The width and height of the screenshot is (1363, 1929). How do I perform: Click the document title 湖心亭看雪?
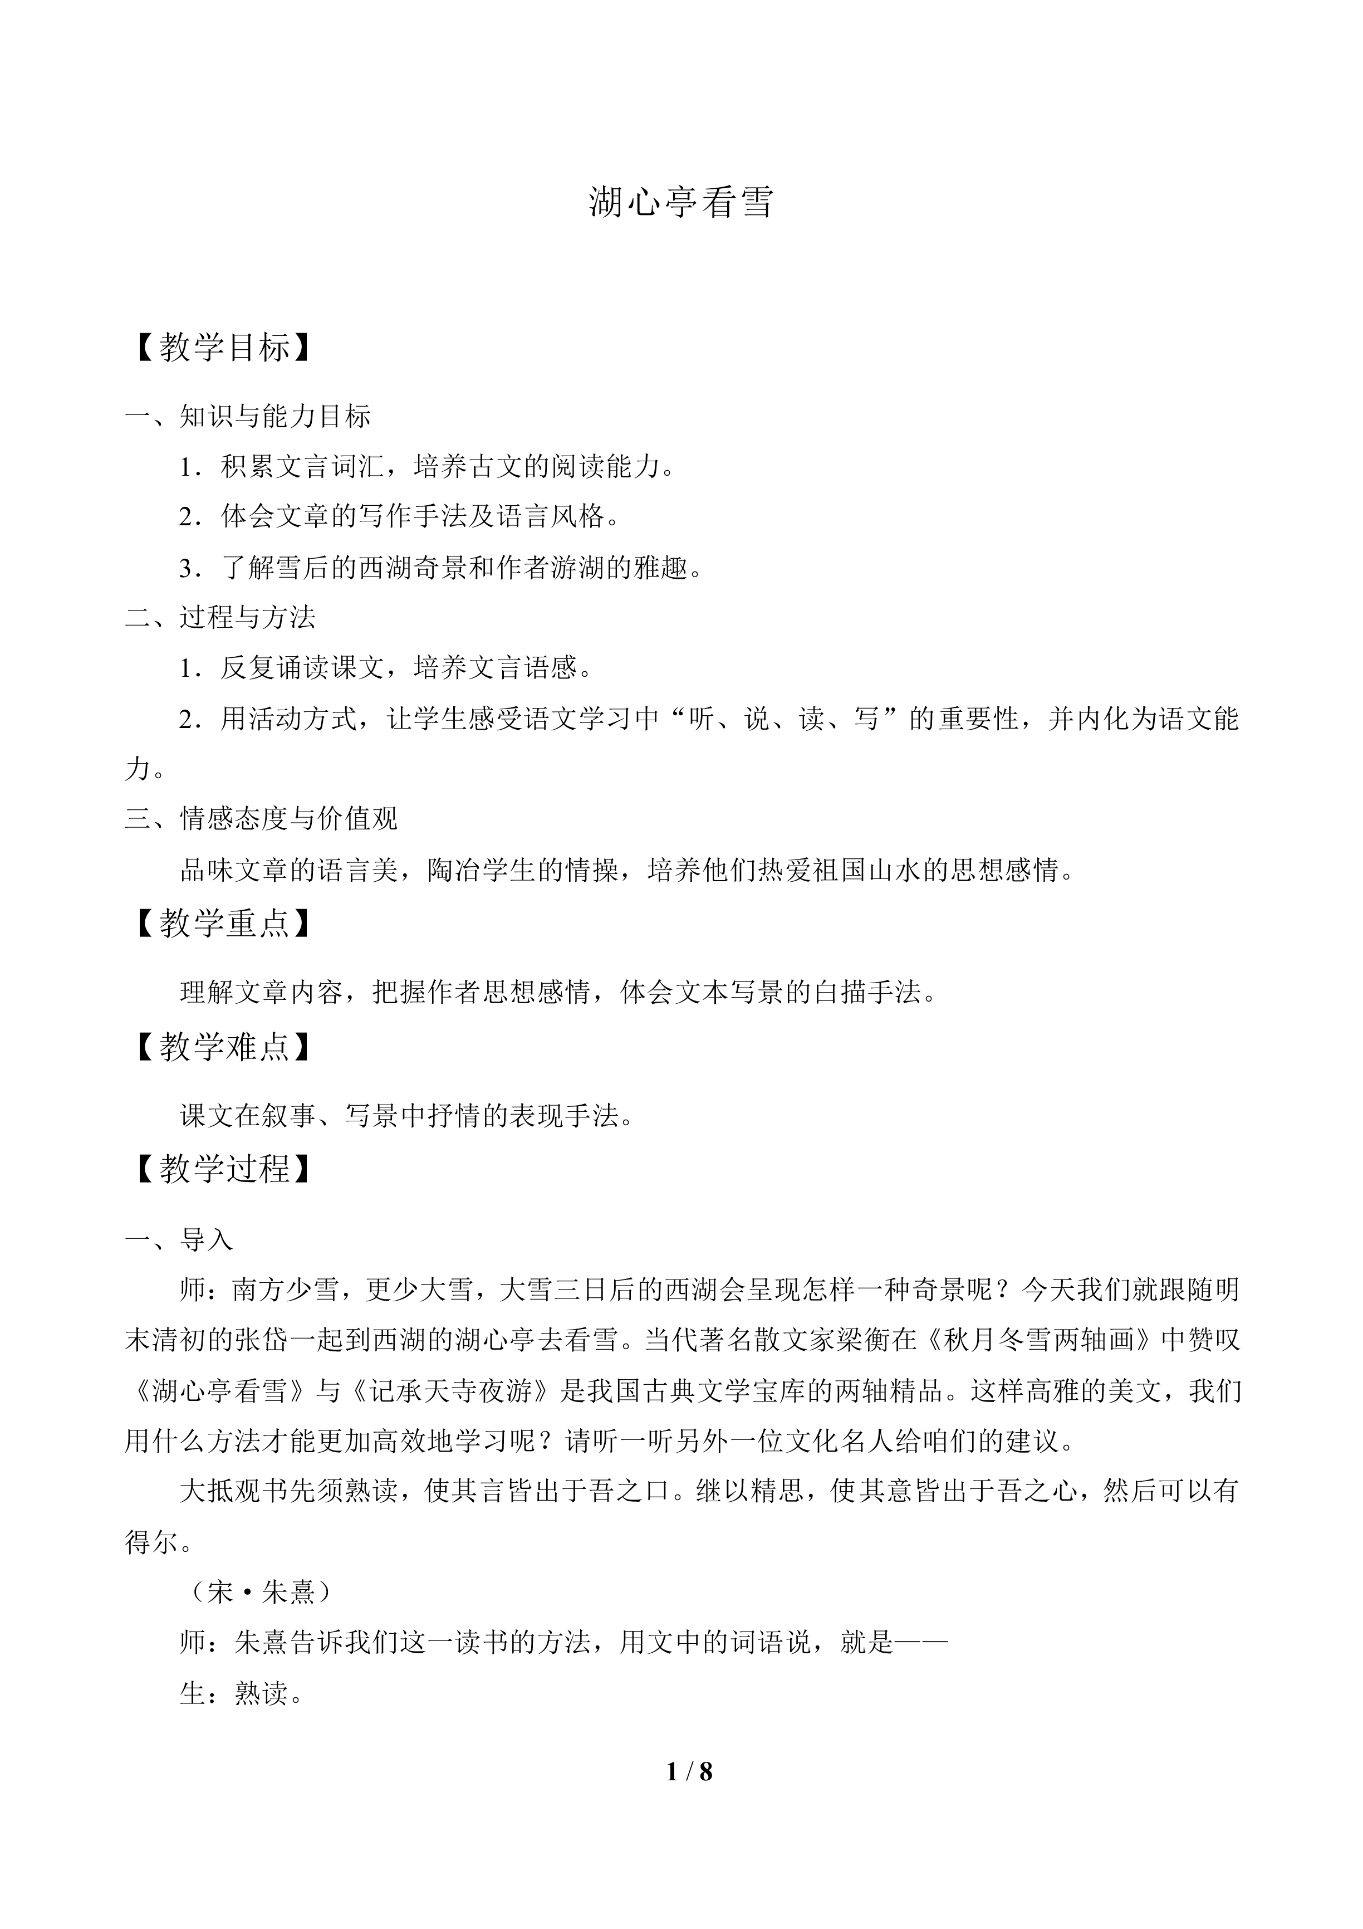[x=680, y=202]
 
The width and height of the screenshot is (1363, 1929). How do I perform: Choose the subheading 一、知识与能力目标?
[x=248, y=416]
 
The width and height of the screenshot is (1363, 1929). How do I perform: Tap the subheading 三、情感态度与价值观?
[x=261, y=818]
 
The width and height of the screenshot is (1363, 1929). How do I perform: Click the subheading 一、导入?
[x=179, y=1240]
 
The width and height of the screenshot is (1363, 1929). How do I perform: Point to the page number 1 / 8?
[x=689, y=1772]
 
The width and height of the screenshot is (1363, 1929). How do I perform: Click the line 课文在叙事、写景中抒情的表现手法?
[x=406, y=1116]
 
